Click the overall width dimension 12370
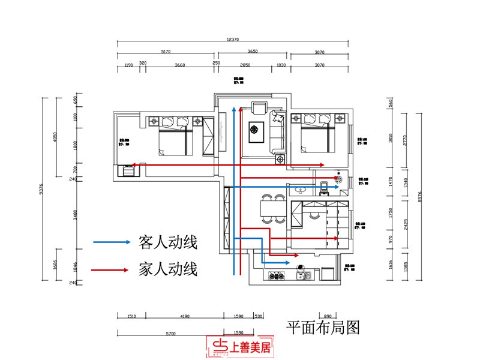[233, 40]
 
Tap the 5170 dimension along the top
[166, 52]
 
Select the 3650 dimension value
[253, 52]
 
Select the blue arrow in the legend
[112, 242]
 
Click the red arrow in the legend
[112, 270]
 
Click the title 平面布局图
[322, 328]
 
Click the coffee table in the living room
[255, 129]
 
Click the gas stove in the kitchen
[278, 277]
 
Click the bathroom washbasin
[301, 190]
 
